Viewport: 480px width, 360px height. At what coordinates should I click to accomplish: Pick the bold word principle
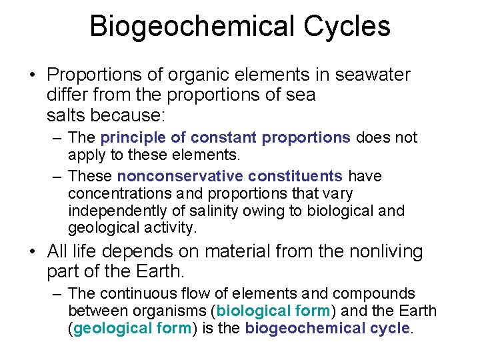[141, 138]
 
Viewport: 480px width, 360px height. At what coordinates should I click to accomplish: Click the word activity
[171, 228]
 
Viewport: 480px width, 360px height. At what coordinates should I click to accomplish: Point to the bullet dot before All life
[32, 252]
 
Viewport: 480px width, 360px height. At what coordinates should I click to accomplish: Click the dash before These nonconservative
[59, 176]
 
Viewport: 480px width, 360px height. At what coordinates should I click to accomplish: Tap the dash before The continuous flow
[59, 293]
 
